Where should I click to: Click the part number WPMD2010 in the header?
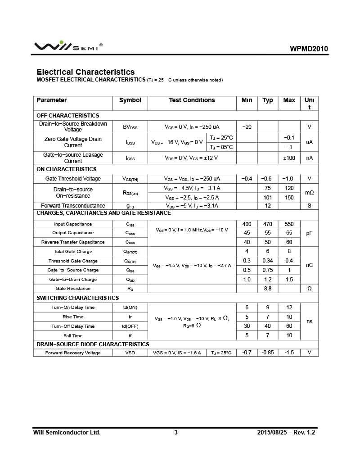point(309,49)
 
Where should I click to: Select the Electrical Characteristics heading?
point(85,72)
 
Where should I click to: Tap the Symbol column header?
point(130,100)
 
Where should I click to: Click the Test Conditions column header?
point(192,100)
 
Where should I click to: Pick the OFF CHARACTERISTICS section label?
point(68,116)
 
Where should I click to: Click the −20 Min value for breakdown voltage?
point(247,127)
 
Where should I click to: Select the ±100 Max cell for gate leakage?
point(289,158)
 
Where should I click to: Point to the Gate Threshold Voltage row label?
point(73,179)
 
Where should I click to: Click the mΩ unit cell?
point(309,192)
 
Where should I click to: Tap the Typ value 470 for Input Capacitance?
point(268,224)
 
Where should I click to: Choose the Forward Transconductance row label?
point(73,206)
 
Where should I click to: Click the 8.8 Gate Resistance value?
point(268,289)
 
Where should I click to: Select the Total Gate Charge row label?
point(73,252)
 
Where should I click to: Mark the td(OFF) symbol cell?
point(130,326)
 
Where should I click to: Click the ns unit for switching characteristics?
point(309,321)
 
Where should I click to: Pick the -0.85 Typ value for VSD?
point(268,353)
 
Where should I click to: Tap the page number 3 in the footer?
point(176,433)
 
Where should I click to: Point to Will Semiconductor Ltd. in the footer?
point(67,433)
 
